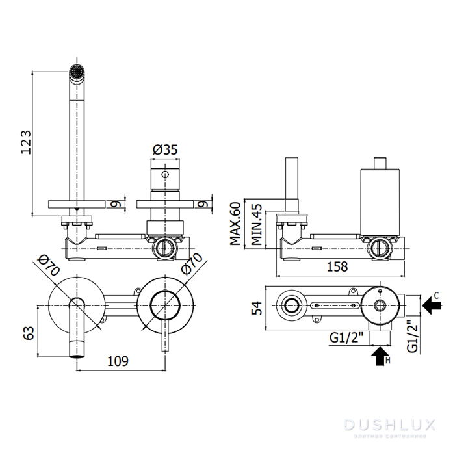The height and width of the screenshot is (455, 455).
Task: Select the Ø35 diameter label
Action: pos(165,150)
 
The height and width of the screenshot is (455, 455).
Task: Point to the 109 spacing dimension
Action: pos(118,360)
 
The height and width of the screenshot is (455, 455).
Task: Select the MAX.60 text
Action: pos(235,223)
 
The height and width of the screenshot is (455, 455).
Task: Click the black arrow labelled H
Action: pos(380,356)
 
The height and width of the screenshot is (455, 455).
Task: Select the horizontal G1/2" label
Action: pos(346,338)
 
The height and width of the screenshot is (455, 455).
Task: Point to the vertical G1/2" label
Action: pos(412,336)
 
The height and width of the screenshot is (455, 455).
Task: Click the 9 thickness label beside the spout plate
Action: pos(114,204)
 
